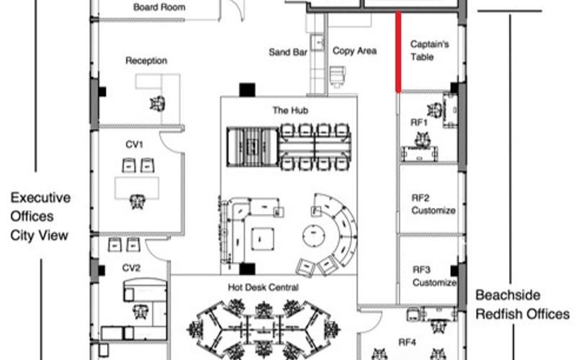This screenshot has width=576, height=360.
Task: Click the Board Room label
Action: coord(159,8)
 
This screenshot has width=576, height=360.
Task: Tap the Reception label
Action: coord(146,61)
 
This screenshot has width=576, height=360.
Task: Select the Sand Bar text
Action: coord(288,53)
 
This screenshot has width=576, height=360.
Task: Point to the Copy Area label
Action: coord(355,51)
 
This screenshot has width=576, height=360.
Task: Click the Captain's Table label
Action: coord(430,50)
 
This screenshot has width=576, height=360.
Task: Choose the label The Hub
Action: coord(289,111)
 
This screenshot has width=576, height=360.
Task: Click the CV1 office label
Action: coord(134,145)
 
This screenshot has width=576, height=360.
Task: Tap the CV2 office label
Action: coord(131,268)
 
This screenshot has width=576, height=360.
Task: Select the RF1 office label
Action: coord(419,122)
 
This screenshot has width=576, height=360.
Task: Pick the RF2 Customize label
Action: coord(433,204)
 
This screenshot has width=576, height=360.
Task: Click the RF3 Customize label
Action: coord(433,276)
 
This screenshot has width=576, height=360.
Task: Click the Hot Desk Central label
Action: coord(263,287)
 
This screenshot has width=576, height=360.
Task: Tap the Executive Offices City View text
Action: coord(40,216)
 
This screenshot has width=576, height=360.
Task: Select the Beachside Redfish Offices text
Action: coord(522,305)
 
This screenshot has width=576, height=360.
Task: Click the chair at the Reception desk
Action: coord(157,103)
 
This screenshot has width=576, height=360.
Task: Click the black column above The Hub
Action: coord(247,90)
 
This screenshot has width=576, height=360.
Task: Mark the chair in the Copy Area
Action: coord(337,76)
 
